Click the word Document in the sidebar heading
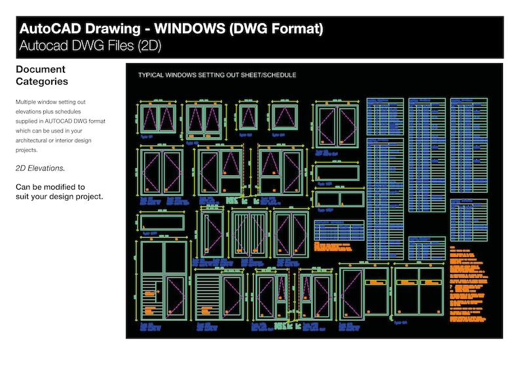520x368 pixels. point(41,70)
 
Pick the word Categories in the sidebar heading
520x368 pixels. point(42,82)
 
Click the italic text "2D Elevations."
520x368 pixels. point(41,169)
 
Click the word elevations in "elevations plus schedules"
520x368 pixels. point(32,113)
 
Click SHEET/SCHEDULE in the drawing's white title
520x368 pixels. point(265,75)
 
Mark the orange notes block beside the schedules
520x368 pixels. point(466,282)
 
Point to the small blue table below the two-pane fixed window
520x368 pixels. point(339,231)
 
